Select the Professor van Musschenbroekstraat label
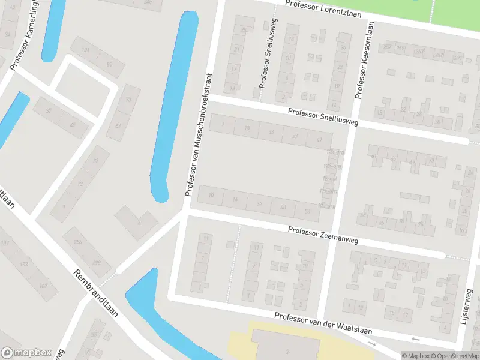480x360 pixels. [199, 135]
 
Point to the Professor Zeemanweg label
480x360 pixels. [322, 235]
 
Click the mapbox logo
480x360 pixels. [26, 353]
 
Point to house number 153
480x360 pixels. [25, 264]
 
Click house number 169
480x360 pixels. [43, 286]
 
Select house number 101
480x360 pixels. [86, 50]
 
